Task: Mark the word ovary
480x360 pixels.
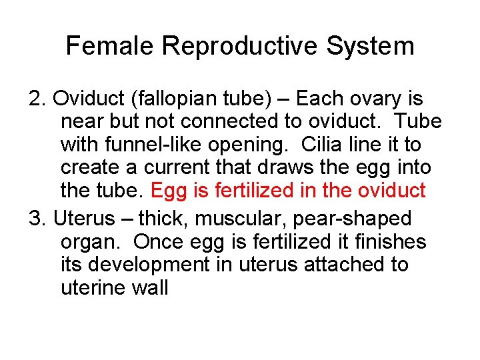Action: point(381,99)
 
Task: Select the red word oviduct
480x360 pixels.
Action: point(391,191)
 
